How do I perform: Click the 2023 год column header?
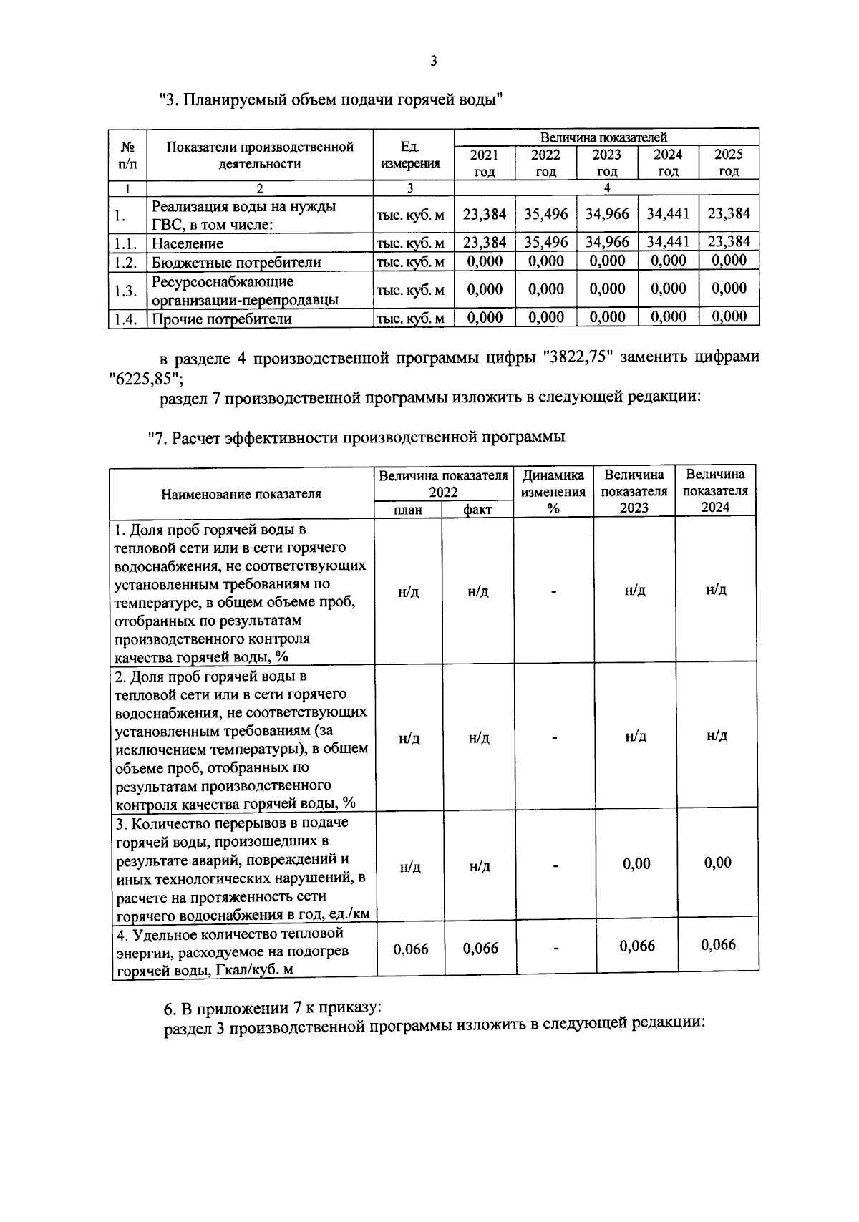(606, 163)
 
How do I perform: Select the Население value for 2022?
(545, 243)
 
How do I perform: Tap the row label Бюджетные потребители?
(236, 262)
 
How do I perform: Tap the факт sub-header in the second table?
(477, 509)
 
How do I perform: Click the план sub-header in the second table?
(408, 509)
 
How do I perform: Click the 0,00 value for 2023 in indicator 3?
(636, 864)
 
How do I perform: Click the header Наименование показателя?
(241, 493)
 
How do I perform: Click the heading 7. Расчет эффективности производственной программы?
(356, 437)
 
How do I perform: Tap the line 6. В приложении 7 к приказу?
(273, 1009)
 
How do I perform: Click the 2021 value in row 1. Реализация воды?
(485, 214)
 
